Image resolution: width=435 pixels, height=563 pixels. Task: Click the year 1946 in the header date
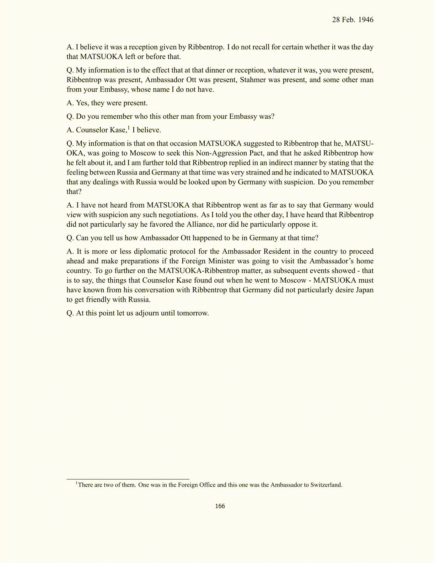pyautogui.click(x=366, y=20)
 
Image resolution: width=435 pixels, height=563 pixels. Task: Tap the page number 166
pyautogui.click(x=220, y=506)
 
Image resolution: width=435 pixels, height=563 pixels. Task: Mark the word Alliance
pyautogui.click(x=201, y=224)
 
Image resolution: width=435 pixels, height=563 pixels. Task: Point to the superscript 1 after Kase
pyautogui.click(x=129, y=128)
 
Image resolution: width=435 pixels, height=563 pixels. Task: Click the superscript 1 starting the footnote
pyautogui.click(x=76, y=483)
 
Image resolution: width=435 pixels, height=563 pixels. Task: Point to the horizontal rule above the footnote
pyautogui.click(x=128, y=479)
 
